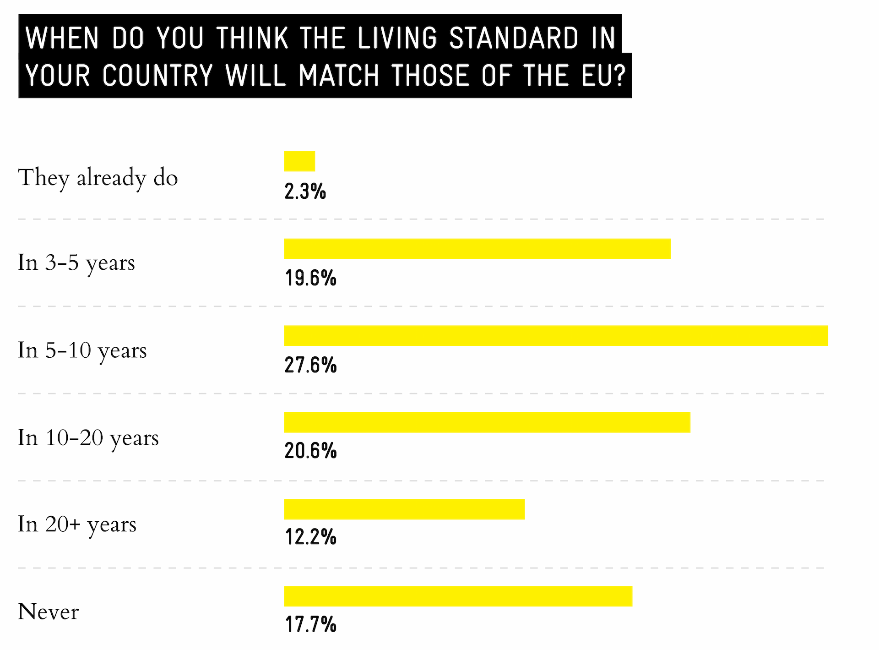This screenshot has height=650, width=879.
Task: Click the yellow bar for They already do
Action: (x=299, y=161)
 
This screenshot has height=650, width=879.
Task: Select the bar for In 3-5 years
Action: (x=477, y=249)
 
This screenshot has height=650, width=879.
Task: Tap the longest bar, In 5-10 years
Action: (x=556, y=336)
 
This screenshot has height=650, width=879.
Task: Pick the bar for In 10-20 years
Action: (x=487, y=422)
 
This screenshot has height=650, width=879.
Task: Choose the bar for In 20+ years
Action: (x=404, y=509)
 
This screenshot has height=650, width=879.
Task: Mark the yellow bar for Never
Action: (x=458, y=596)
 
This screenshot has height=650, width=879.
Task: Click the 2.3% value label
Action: (x=305, y=191)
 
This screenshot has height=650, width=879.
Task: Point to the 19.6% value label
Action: (x=310, y=278)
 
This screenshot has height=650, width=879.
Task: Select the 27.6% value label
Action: (x=310, y=365)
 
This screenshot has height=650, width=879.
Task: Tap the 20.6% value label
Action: (x=310, y=451)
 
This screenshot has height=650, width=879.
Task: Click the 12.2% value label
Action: (x=310, y=537)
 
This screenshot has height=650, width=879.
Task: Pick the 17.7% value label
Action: (x=310, y=624)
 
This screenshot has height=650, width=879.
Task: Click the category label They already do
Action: (x=98, y=178)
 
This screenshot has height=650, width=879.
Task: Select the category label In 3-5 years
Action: (x=76, y=263)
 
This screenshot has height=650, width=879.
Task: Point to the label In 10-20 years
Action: (x=88, y=438)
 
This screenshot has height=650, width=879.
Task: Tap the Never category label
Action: (x=48, y=612)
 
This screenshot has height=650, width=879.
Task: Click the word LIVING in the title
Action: (x=397, y=38)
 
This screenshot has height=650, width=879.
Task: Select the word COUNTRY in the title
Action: (x=157, y=76)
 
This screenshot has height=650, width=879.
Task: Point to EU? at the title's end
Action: (x=603, y=76)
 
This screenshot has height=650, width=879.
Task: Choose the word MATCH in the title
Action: (x=339, y=76)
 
